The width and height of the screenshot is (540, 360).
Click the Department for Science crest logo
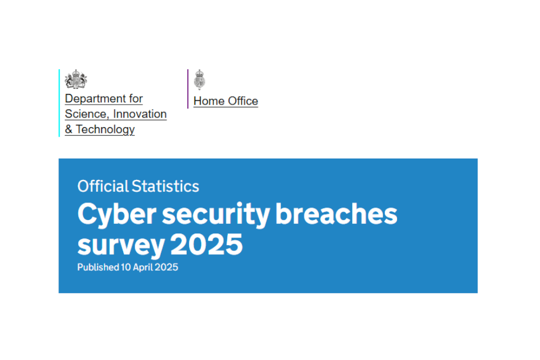pos(76,79)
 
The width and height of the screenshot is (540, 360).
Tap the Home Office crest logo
pos(199,79)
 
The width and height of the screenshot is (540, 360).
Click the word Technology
pos(105,130)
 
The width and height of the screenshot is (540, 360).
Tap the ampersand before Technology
pos(69,129)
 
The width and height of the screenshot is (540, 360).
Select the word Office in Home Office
pos(243,101)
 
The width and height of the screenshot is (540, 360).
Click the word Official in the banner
pos(103,186)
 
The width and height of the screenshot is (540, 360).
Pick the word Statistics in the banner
pos(165,186)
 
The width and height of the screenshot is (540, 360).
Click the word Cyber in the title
pos(117,215)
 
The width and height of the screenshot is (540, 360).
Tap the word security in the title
pos(215,215)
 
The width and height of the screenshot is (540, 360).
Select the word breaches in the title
pos(336,214)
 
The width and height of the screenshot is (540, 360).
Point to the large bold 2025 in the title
pos(206,244)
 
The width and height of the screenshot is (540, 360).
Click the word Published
pos(98,267)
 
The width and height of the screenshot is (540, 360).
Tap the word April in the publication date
pos(143,268)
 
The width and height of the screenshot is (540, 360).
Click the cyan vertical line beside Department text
pos(59,103)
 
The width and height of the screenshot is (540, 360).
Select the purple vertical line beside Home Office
pos(188,89)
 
